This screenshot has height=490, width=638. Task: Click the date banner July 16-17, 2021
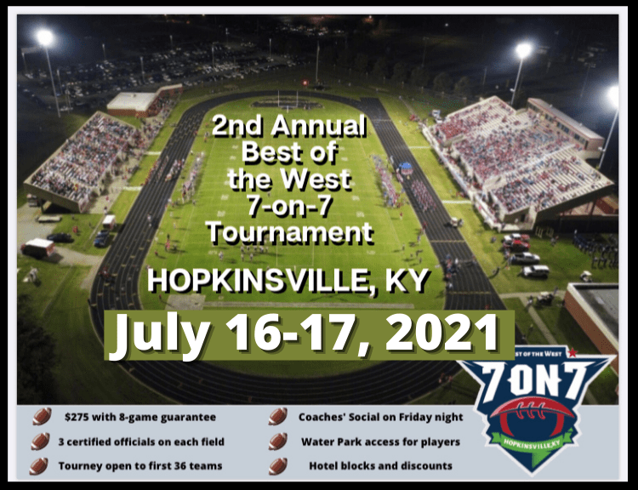click(x=310, y=335)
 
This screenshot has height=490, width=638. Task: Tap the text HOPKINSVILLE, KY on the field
click(x=288, y=281)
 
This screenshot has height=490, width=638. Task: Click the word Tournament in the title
click(x=290, y=232)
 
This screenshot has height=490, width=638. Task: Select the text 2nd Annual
click(x=289, y=125)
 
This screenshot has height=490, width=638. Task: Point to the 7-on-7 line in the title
click(x=290, y=206)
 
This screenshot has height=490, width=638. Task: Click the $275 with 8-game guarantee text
click(x=140, y=417)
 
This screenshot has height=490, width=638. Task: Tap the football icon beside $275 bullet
click(x=42, y=416)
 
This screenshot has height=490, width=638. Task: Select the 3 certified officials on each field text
click(x=141, y=442)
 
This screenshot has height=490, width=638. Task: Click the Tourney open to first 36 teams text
click(x=140, y=465)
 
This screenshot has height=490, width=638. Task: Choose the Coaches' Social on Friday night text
click(x=381, y=417)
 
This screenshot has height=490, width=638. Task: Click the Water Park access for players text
click(x=381, y=442)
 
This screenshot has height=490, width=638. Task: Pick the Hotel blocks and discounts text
click(x=381, y=465)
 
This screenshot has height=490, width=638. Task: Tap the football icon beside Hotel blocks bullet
click(x=278, y=466)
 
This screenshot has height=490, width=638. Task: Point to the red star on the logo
click(x=572, y=352)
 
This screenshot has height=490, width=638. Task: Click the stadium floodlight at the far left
click(x=45, y=37)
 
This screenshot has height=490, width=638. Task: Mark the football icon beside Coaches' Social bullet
click(x=278, y=416)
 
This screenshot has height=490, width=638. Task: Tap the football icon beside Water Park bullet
click(x=278, y=442)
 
